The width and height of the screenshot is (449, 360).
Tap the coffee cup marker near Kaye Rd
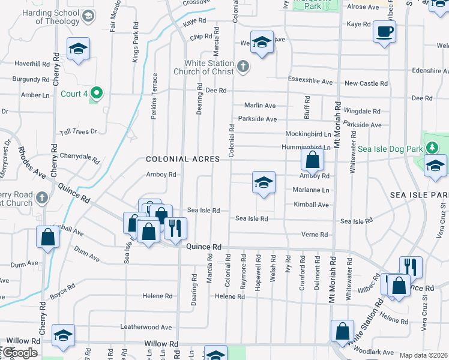384,31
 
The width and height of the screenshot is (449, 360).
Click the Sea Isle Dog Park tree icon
432,148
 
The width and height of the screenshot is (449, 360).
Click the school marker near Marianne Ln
263,182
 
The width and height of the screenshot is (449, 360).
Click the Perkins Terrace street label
154,96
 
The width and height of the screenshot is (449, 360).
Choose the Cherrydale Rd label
79,157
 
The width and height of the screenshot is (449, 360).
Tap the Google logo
20,353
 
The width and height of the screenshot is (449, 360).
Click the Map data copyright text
424,355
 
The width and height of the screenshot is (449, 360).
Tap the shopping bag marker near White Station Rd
342,331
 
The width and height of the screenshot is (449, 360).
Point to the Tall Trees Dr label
78,132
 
